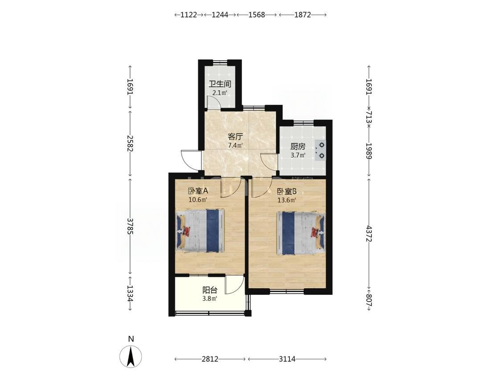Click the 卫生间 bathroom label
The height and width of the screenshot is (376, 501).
pos(220,84)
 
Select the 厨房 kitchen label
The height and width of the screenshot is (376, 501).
pos(298,147)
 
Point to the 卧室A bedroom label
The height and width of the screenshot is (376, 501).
pos(198,191)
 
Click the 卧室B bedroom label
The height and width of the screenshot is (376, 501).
pos(287,192)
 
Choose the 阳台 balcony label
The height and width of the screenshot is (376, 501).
pos(210,290)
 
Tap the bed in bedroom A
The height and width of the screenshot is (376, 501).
pos(200,231)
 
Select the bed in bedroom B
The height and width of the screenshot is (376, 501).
pos(301,233)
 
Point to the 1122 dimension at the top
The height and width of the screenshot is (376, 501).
pos(188,15)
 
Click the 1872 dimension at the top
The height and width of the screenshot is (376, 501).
pos(302,15)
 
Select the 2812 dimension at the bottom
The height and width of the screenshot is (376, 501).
pos(210,359)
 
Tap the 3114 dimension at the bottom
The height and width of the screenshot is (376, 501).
pos(287,359)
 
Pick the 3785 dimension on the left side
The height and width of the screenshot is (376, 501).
pos(130,226)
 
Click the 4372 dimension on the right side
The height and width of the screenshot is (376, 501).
pos(369,234)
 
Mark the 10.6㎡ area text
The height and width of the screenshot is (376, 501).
pos(198,200)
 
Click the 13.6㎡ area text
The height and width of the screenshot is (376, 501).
pos(287,200)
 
